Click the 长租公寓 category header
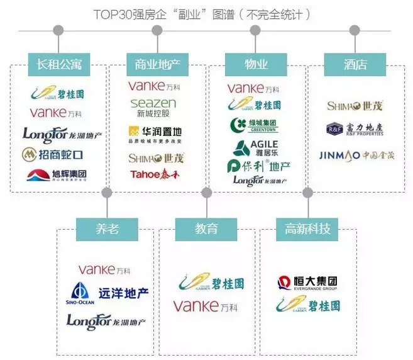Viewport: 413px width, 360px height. click(60, 64)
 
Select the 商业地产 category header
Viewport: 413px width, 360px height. click(157, 64)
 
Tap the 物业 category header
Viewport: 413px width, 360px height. click(256, 64)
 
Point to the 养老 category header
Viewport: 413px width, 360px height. click(107, 228)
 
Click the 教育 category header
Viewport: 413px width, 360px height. click(207, 228)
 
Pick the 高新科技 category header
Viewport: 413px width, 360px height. click(307, 228)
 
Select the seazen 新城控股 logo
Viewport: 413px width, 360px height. click(153, 108)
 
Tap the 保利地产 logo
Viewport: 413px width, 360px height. click(258, 167)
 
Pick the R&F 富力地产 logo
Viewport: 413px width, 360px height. click(354, 130)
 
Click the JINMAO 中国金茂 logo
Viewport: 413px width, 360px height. click(356, 155)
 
